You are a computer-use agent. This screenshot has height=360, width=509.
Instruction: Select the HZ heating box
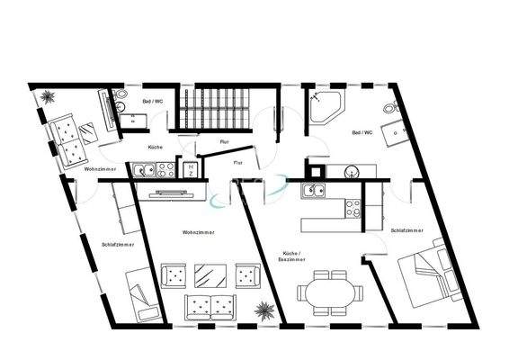(192, 168)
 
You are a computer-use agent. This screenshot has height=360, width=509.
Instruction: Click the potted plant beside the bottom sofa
(263, 310)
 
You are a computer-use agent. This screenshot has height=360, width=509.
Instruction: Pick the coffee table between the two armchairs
(210, 274)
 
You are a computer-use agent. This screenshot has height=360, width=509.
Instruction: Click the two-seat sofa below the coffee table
(210, 306)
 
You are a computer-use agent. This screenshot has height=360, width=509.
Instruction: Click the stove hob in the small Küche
(165, 167)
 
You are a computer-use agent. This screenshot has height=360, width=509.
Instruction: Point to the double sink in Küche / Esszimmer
(314, 189)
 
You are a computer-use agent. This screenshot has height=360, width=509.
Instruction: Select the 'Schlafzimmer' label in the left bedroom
(119, 243)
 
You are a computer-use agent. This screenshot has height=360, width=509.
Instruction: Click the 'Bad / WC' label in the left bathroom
(153, 102)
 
